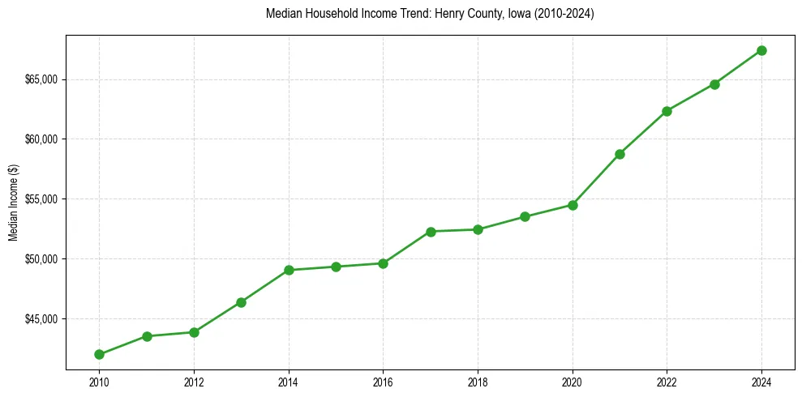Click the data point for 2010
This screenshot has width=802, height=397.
click(x=99, y=354)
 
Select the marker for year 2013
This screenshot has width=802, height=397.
click(x=241, y=302)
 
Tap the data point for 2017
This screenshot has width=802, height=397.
click(x=431, y=232)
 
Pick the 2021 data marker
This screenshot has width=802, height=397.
click(x=620, y=154)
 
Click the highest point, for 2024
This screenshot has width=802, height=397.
click(x=761, y=50)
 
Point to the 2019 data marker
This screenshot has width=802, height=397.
click(x=525, y=216)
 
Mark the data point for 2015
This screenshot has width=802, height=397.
click(x=336, y=267)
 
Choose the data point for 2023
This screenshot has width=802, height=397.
click(x=714, y=84)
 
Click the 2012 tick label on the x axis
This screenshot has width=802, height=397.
click(x=194, y=380)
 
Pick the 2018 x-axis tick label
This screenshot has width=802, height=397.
click(x=478, y=380)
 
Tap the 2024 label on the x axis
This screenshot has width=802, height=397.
click(x=761, y=380)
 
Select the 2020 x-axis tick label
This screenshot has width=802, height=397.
click(x=573, y=380)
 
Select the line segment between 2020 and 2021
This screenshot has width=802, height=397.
click(x=596, y=179)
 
